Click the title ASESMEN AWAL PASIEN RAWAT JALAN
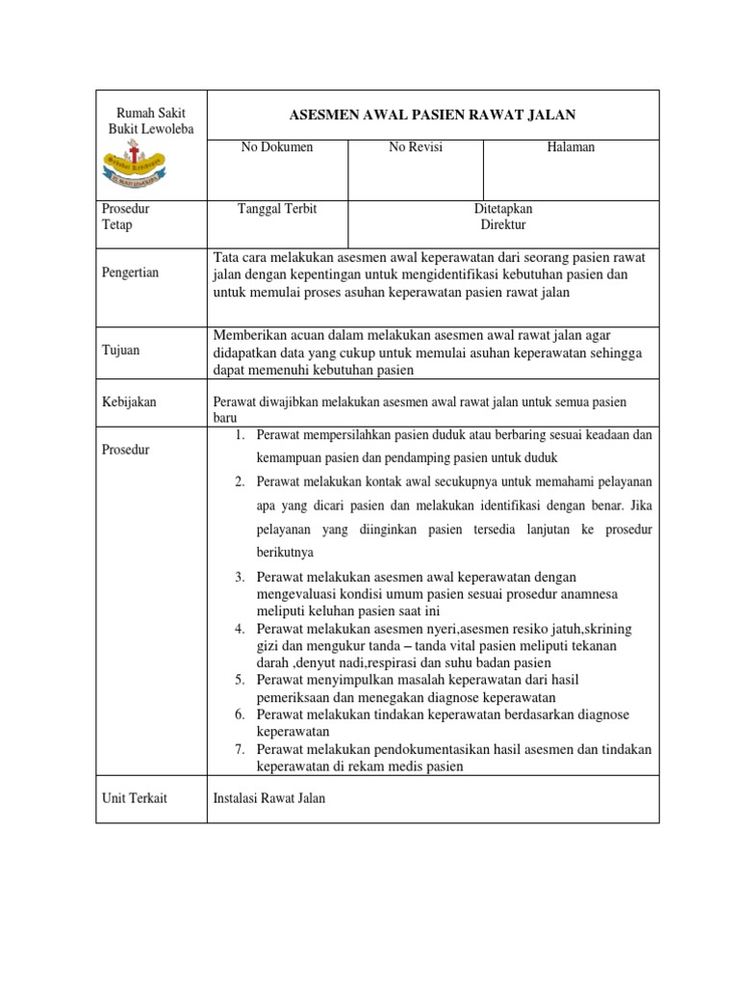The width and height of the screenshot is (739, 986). (432, 115)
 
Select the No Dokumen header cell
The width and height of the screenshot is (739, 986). (276, 147)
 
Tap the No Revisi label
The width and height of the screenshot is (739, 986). (416, 147)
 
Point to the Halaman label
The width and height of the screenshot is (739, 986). (571, 147)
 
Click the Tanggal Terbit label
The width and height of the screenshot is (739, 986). (277, 209)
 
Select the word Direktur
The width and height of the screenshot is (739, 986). (503, 225)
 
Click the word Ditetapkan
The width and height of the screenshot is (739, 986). (503, 209)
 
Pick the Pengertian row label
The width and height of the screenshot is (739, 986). (132, 273)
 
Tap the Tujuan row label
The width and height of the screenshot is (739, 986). (121, 350)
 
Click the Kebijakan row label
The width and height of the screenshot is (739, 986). (128, 402)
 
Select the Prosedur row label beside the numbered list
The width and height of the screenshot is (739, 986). (126, 451)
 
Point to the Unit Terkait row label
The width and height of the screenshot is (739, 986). (134, 798)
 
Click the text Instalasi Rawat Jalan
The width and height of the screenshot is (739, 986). (268, 798)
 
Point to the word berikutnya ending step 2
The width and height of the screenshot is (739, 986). (285, 553)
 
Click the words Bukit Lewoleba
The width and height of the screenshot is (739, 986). (152, 129)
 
